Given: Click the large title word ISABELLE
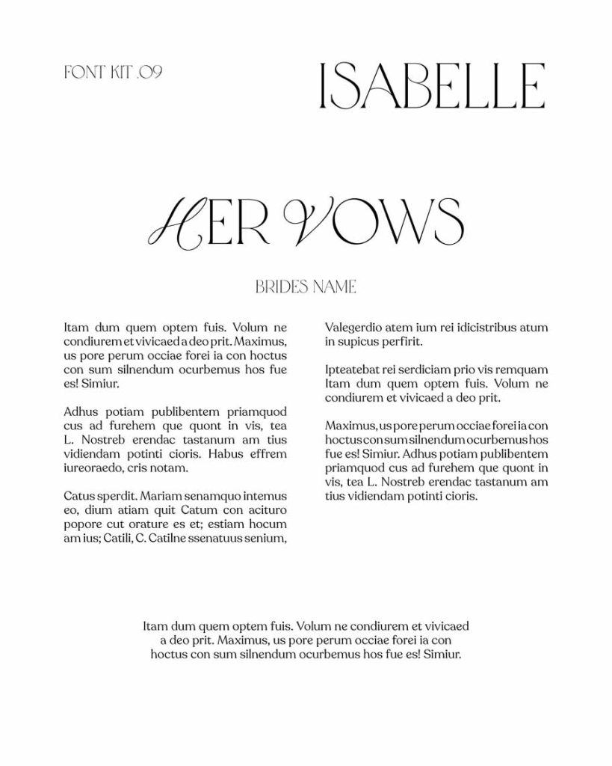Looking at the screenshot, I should (431, 86).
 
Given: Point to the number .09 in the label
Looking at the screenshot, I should (149, 73).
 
